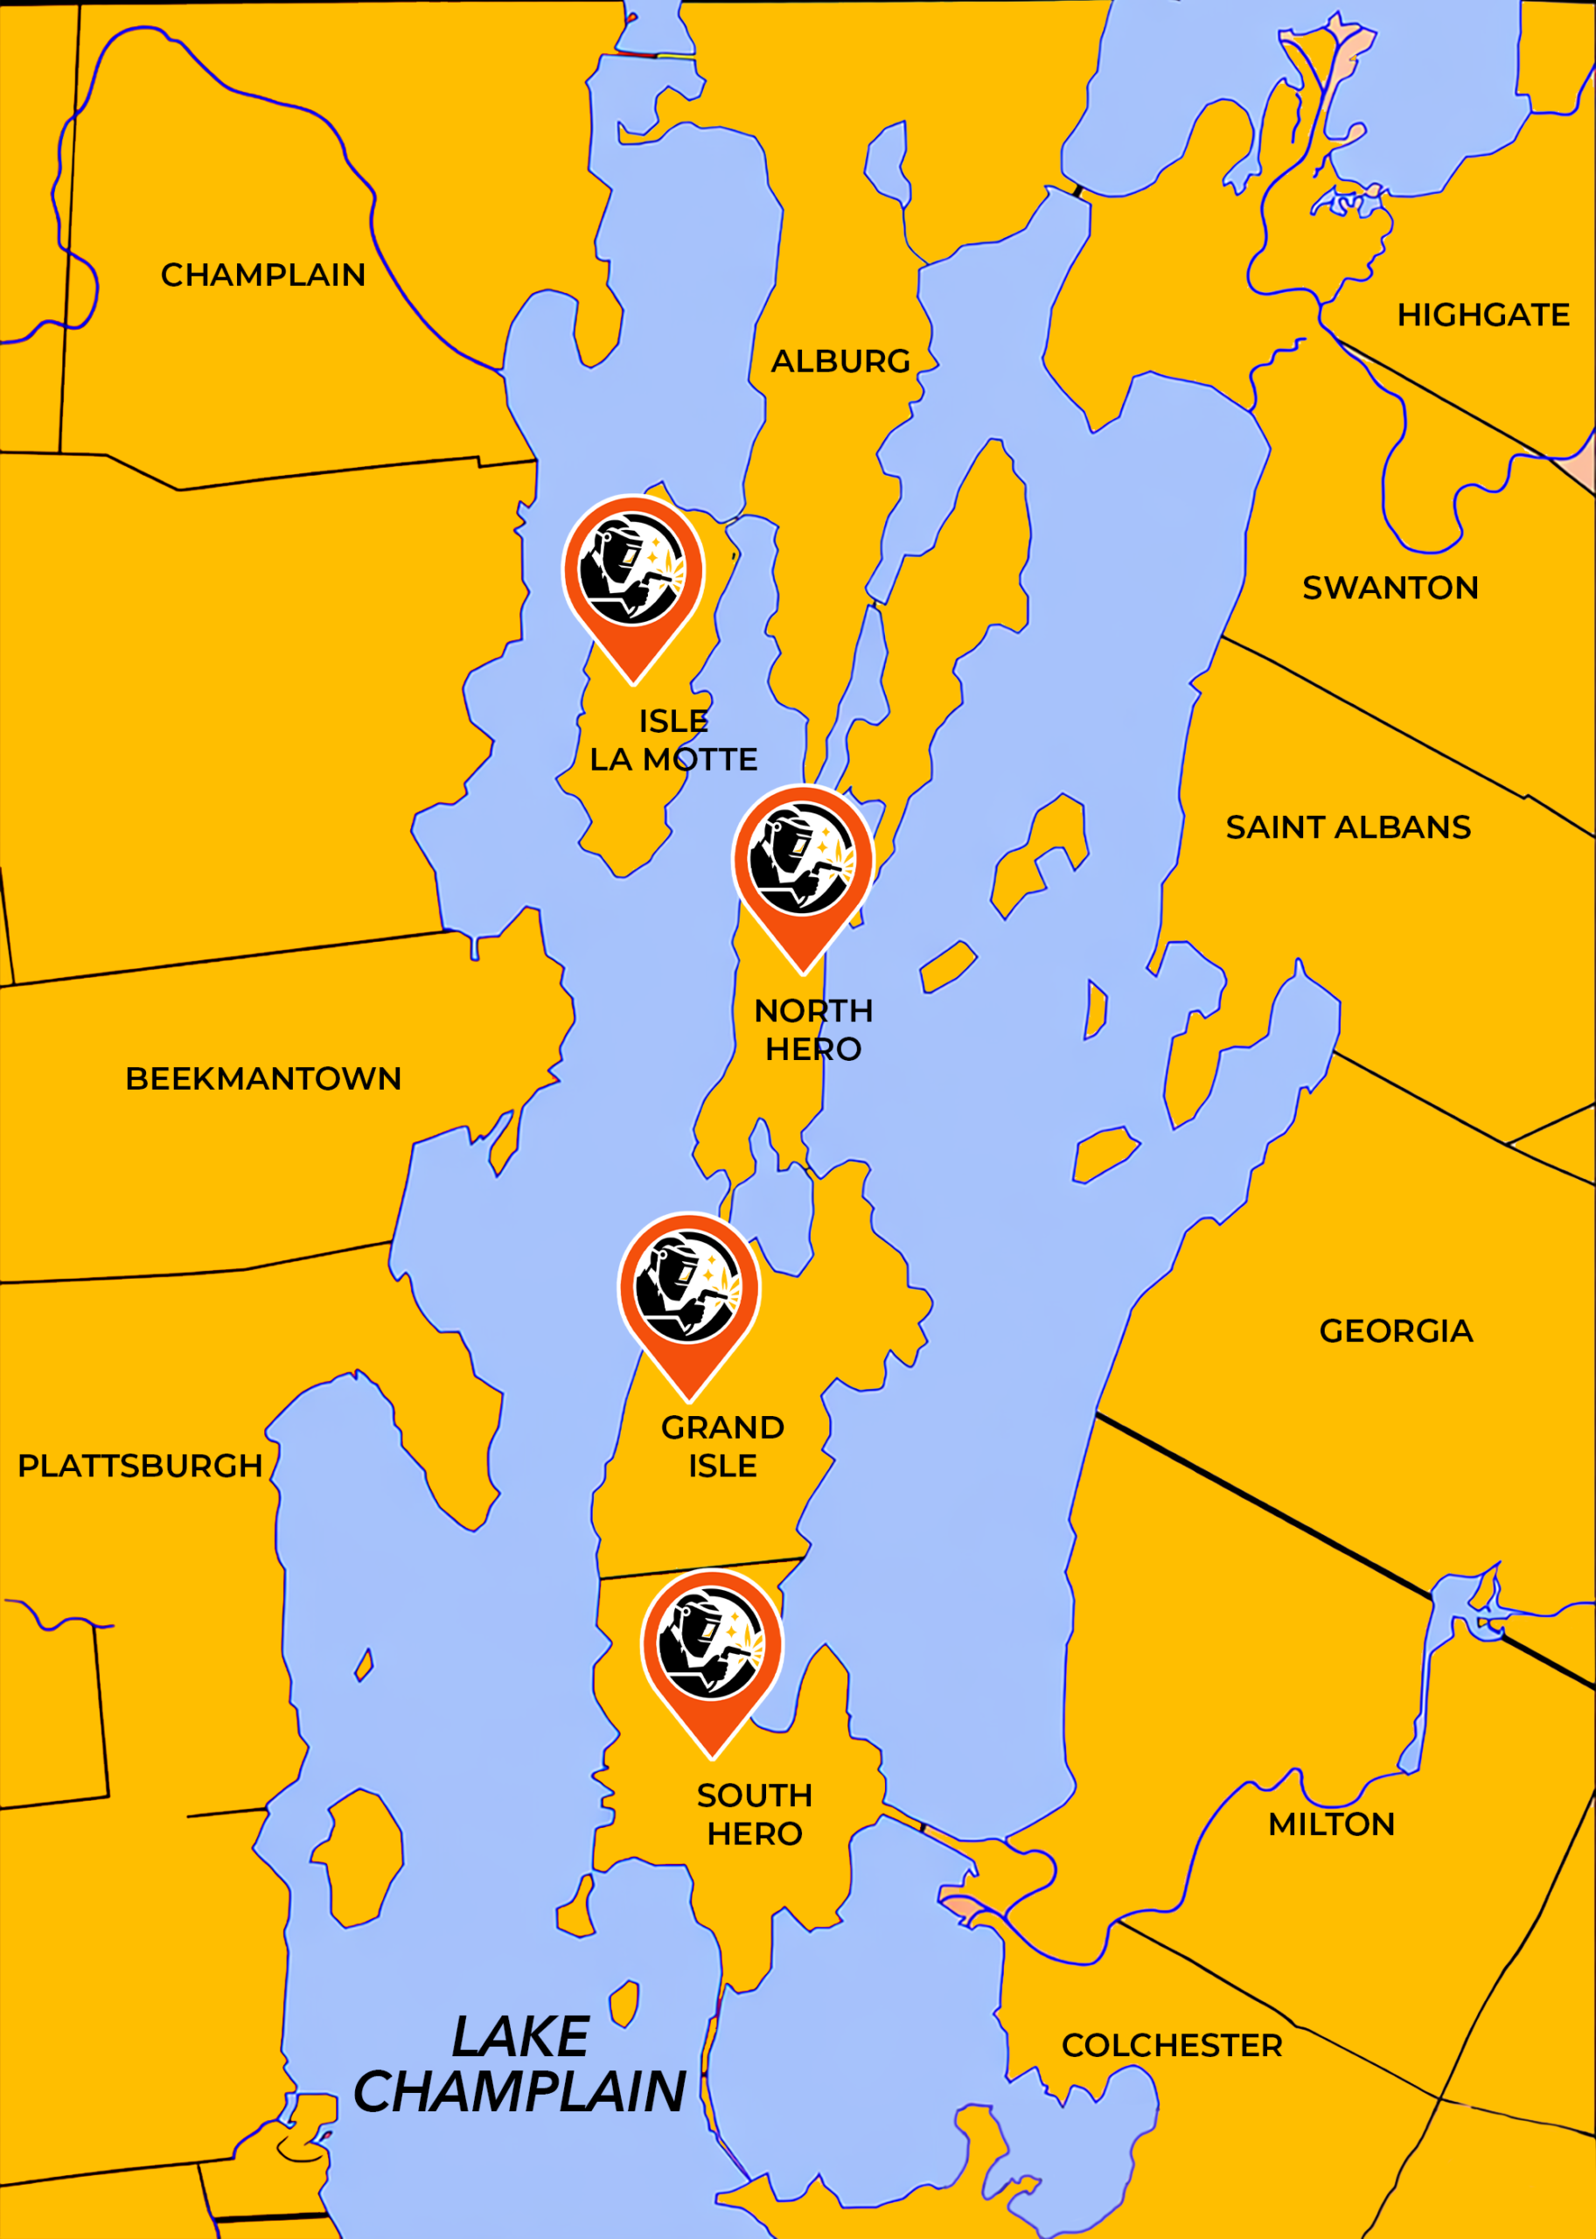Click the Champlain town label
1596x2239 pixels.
[x=262, y=276]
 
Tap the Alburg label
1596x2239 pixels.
[x=840, y=362]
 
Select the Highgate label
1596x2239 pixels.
[x=1483, y=316]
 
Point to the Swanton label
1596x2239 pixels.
[x=1390, y=588]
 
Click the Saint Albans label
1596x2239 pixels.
[x=1348, y=827]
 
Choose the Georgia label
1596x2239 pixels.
[x=1396, y=1331]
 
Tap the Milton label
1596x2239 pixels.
[x=1331, y=1824]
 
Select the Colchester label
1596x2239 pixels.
[x=1172, y=2046]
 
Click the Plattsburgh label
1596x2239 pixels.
[x=140, y=1467]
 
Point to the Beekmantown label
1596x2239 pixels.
[x=262, y=1079]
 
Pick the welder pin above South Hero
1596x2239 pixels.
[x=712, y=1647]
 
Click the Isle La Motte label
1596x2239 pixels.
[x=673, y=740]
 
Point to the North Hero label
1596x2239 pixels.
[x=812, y=1030]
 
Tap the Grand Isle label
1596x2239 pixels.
[x=722, y=1447]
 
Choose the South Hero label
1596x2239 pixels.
[x=754, y=1815]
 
